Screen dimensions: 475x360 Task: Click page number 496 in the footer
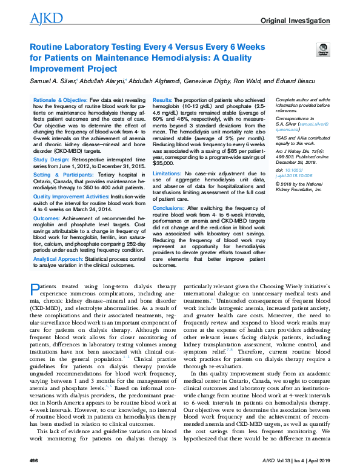click(x=33, y=462)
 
